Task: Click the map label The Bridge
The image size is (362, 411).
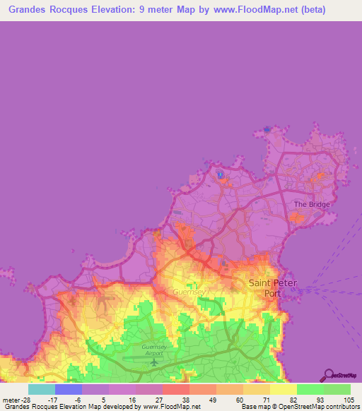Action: coord(311,205)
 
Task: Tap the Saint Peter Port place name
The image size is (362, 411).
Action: coord(273,287)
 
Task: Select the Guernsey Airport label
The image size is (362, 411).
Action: coord(153,352)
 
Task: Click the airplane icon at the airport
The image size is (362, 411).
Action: coord(153,362)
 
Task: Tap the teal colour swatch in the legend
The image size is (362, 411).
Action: coord(42,388)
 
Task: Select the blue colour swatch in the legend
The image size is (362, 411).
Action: coord(69,388)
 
